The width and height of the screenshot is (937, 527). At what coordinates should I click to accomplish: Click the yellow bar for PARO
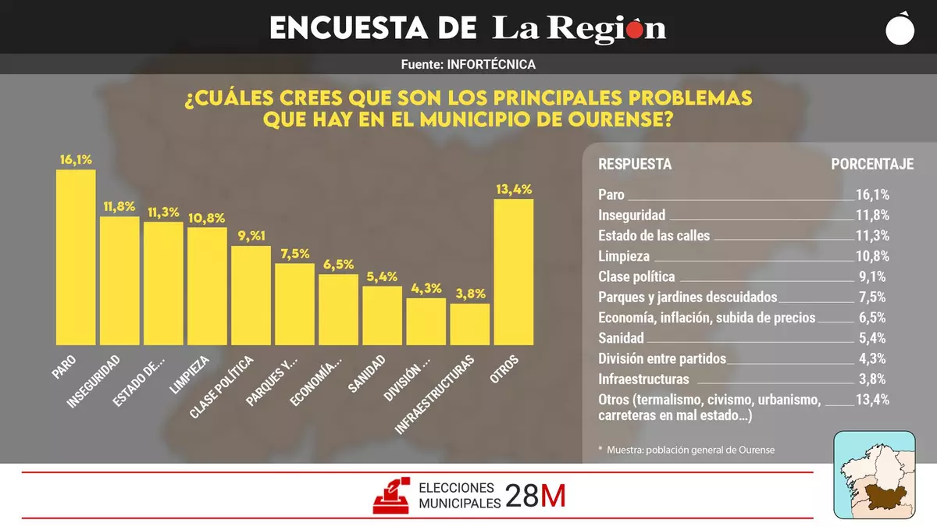76,258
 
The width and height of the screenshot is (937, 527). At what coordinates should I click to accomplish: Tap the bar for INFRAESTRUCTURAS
470,324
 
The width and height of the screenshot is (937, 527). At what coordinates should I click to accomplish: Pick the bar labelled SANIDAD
383,315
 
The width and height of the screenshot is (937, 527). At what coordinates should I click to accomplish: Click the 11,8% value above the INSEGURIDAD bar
119,207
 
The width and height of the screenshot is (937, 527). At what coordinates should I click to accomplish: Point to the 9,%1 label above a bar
251,237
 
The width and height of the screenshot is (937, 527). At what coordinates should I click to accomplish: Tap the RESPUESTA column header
635,164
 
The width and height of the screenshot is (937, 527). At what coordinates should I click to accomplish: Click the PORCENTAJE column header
872,164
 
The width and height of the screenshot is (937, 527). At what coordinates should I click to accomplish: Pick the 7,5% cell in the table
871,297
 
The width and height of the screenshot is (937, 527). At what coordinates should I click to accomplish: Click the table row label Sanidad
621,338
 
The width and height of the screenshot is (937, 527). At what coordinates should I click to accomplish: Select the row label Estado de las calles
654,236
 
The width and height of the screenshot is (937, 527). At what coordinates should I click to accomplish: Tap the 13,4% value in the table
872,400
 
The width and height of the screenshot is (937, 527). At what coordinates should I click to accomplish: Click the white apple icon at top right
901,28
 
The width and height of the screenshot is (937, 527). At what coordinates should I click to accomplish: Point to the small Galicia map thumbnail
874,474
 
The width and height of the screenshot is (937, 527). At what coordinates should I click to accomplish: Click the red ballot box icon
393,495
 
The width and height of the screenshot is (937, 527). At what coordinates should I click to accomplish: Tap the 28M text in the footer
535,495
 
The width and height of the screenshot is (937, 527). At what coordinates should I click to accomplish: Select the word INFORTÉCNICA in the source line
492,65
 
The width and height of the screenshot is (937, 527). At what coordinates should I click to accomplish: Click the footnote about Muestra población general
686,450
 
